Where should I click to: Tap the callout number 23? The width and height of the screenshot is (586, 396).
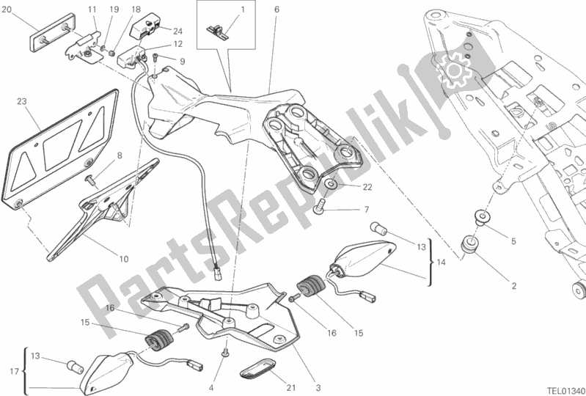coord(21,102)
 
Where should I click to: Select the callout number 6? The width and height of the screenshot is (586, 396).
coord(276,10)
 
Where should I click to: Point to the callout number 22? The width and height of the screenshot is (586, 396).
coord(347,187)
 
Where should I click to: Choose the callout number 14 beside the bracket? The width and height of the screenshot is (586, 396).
coord(441,262)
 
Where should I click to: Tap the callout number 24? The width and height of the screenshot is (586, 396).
coord(177,31)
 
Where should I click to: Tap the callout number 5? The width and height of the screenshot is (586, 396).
coord(513,241)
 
